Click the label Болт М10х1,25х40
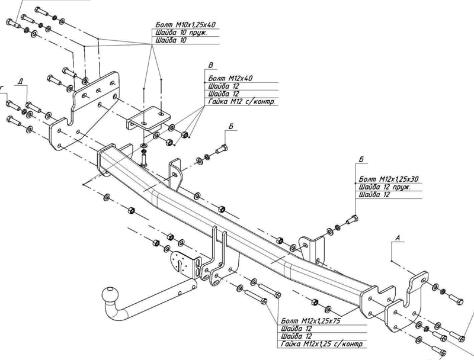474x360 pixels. [185, 24]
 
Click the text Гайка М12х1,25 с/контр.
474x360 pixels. [323, 344]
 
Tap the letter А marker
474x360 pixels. [398, 238]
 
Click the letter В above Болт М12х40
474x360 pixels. [210, 64]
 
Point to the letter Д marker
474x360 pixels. [21, 82]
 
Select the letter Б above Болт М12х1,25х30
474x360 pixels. [361, 160]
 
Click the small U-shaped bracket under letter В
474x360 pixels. [148, 121]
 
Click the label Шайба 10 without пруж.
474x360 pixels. [171, 41]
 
